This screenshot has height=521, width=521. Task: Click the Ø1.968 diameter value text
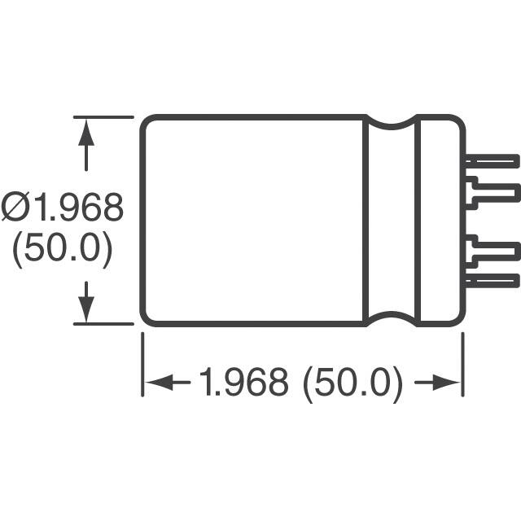coord(63,207)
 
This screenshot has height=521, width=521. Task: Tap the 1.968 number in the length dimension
coord(243,382)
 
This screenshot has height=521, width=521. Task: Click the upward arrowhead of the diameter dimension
coord(86,133)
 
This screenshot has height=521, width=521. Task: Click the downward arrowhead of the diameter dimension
coord(86,308)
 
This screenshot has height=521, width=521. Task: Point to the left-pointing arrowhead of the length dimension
coord(160,382)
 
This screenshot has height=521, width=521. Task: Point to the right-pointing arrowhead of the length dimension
coord(446,382)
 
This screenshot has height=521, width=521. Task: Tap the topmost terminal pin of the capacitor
coord(493,161)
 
